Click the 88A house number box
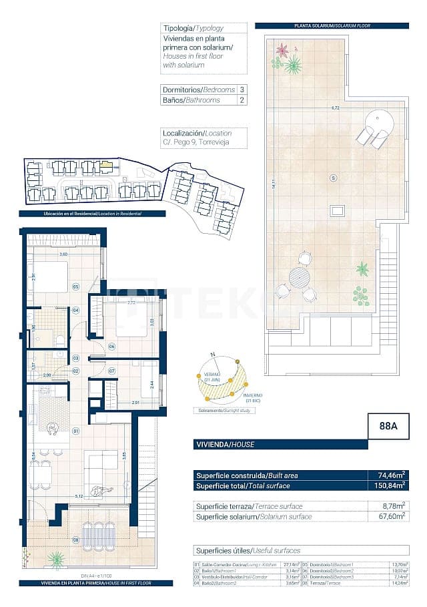coord(388,427)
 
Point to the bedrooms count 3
coord(242,89)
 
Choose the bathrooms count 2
coord(242,100)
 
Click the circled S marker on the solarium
coord(334,178)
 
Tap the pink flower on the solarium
coord(282,51)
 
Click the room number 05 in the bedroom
coord(76,286)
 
